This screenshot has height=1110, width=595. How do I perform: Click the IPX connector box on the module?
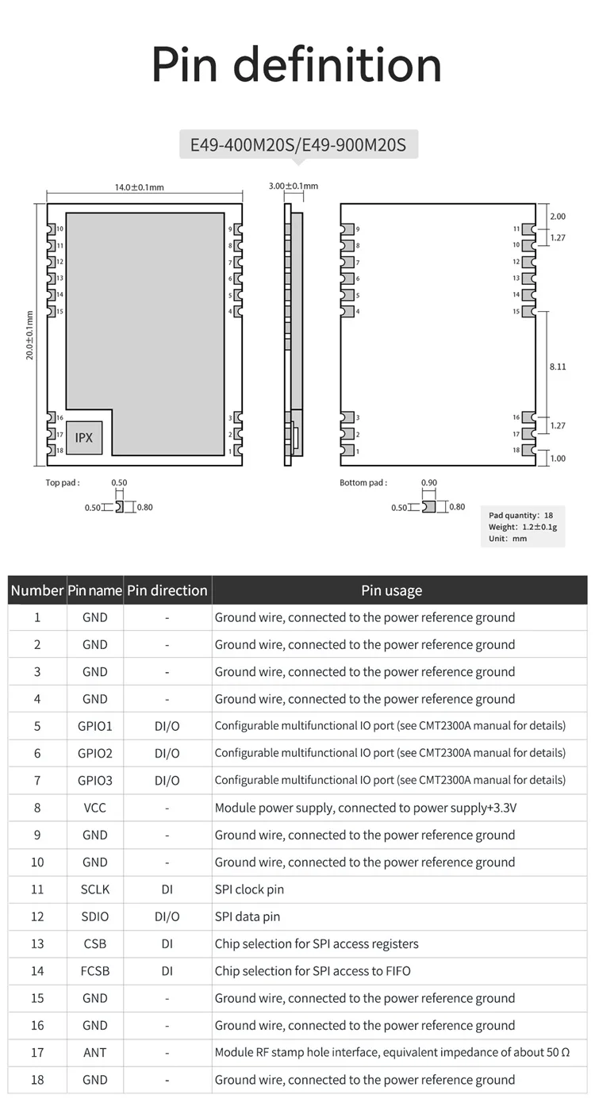[83, 437]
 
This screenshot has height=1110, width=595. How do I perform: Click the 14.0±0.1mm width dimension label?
[139, 187]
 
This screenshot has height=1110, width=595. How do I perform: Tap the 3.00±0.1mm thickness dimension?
[293, 186]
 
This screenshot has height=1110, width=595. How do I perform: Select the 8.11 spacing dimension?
[558, 367]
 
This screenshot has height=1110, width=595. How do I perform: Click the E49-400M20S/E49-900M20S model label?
[298, 145]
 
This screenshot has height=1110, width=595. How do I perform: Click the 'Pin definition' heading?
[297, 65]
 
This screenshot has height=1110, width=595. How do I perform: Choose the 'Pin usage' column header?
[392, 590]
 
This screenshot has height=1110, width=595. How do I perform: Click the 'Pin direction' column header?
[167, 590]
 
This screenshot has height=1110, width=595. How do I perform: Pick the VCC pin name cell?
[94, 808]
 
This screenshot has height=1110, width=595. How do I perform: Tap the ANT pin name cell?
[94, 1052]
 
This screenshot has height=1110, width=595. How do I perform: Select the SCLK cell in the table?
[94, 889]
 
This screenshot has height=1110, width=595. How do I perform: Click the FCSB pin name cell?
[94, 970]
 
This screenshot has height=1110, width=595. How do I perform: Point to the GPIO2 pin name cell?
[94, 753]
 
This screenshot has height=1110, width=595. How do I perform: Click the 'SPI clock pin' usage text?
[249, 889]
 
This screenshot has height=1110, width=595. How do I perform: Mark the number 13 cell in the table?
[37, 943]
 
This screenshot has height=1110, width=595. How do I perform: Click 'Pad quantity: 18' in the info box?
[521, 516]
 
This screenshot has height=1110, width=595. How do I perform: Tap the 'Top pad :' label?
[63, 482]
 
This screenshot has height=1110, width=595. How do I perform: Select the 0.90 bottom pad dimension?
[429, 482]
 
